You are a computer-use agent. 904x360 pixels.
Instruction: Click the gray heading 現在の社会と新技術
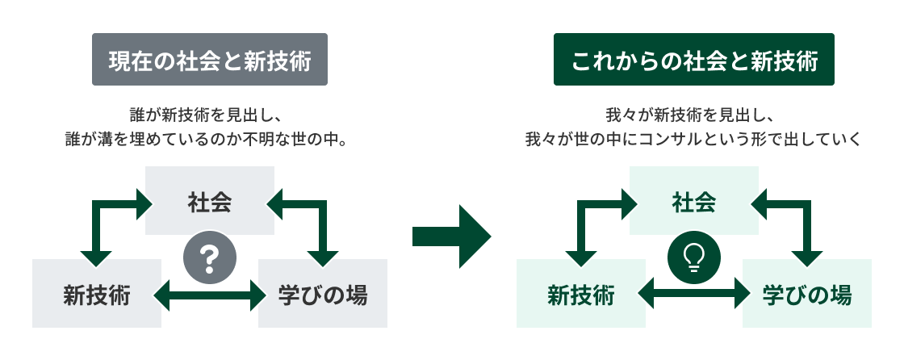coord(210,60)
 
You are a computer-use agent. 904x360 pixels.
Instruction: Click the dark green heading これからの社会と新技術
coord(694,60)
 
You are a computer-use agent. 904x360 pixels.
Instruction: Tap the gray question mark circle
coord(210,257)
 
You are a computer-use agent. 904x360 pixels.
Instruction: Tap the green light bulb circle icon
coord(694,257)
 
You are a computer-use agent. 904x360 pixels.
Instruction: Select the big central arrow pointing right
coord(451,236)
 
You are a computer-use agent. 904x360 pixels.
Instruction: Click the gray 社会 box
coord(210,200)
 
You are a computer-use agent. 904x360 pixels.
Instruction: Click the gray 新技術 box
coord(97,294)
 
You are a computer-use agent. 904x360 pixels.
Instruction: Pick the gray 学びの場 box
coord(323,294)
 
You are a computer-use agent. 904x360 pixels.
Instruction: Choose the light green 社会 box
coord(694,200)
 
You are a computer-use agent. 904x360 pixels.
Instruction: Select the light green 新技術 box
coord(581,294)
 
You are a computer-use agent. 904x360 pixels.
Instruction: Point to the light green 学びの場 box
coord(807,294)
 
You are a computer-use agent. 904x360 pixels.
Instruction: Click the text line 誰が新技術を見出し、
coord(210,115)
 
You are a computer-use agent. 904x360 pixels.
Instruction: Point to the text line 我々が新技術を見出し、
coord(694,115)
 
